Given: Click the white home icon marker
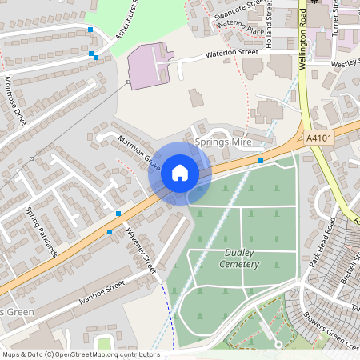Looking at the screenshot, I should point(180,172).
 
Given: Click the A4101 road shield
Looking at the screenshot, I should point(318,138).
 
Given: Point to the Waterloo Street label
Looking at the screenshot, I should point(232,54).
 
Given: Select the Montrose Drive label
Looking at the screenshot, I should point(15,100).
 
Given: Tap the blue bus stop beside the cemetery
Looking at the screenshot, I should point(261,161).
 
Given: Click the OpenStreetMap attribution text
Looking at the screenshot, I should point(81,354).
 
